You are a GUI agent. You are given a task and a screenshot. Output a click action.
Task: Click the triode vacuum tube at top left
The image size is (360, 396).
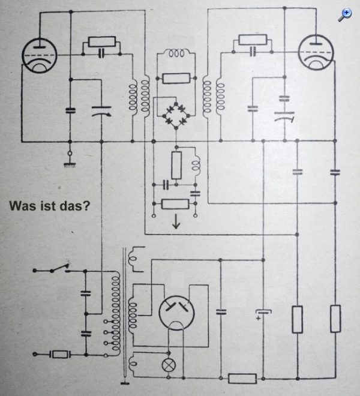(39, 56)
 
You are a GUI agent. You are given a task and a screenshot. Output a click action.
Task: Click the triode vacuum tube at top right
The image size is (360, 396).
(316, 53)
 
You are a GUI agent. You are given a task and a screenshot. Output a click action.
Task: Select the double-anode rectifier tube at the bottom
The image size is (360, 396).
(176, 313)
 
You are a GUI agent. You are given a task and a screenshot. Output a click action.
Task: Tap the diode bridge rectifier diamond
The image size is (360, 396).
(176, 115)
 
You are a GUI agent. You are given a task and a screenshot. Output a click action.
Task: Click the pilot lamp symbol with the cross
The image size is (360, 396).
(169, 365)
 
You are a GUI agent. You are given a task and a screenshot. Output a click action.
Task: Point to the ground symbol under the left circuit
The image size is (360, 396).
(70, 165)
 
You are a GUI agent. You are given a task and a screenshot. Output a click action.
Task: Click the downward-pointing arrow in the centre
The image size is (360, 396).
(176, 222)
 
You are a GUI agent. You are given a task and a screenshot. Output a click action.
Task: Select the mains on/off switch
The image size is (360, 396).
(60, 268)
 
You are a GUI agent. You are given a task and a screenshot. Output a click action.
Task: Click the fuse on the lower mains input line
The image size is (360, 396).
(60, 355)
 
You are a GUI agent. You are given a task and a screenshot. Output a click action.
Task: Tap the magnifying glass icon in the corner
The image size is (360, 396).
(345, 15)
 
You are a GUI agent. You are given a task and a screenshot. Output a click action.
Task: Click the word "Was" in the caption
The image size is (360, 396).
(23, 206)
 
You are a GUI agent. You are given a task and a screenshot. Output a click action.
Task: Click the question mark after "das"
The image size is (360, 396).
(86, 206)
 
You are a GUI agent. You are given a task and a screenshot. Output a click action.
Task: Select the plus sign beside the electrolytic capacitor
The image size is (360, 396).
(258, 319)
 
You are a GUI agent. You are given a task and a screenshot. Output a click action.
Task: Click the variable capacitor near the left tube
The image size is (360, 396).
(101, 111)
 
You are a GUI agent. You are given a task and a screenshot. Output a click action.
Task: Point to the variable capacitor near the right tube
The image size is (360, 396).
(284, 116)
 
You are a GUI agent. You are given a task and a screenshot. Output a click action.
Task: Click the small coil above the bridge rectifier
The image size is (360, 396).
(176, 53)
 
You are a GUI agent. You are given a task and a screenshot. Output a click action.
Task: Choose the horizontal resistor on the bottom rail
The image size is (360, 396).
(242, 379)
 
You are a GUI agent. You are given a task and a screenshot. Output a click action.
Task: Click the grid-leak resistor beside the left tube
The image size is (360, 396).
(102, 42)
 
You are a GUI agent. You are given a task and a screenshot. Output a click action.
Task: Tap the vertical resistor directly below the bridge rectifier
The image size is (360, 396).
(176, 166)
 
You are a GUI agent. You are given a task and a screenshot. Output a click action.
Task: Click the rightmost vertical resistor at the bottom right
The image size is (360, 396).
(335, 319)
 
